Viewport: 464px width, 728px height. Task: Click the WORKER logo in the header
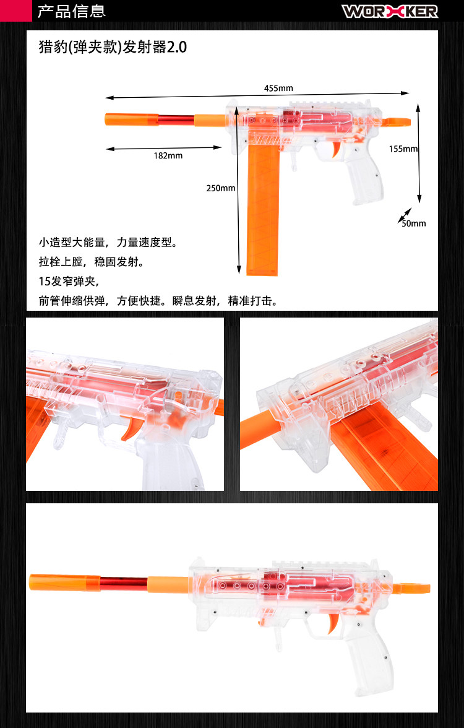[x=390, y=11]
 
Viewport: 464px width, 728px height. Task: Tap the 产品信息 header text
[x=72, y=11]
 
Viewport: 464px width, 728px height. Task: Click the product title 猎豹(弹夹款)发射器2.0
[x=113, y=48]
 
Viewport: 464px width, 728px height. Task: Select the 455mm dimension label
[x=278, y=88]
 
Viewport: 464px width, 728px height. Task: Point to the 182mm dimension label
[x=168, y=155]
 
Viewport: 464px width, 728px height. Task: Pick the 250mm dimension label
[x=220, y=188]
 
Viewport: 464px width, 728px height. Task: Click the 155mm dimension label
[x=403, y=149]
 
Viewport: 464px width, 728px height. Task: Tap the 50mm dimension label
[x=414, y=223]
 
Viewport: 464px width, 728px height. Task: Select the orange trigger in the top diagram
[x=334, y=149]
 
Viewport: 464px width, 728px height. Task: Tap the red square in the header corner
[x=15, y=11]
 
